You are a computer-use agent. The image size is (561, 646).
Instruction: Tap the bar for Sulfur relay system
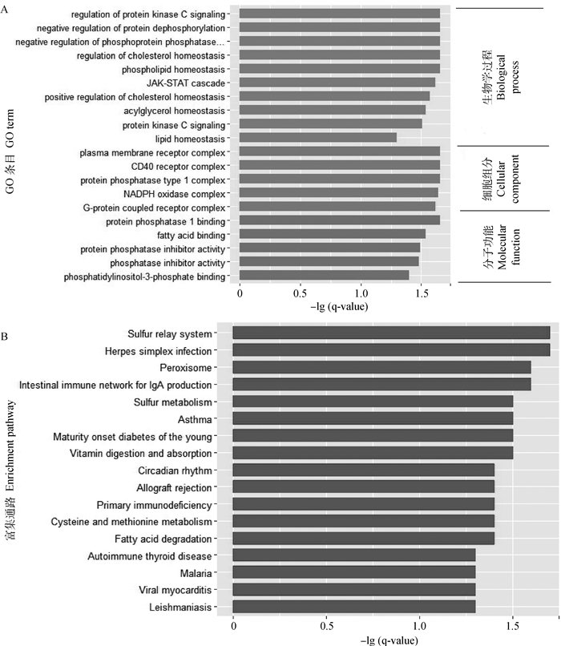tap(391, 333)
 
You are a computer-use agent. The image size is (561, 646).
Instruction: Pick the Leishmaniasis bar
tap(353, 608)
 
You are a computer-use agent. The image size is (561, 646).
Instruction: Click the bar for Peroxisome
tap(381, 367)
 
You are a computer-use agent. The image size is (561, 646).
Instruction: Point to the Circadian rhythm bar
tap(363, 470)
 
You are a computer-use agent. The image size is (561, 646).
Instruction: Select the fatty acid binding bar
tap(333, 234)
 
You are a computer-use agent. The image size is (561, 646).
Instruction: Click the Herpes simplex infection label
tap(158, 350)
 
